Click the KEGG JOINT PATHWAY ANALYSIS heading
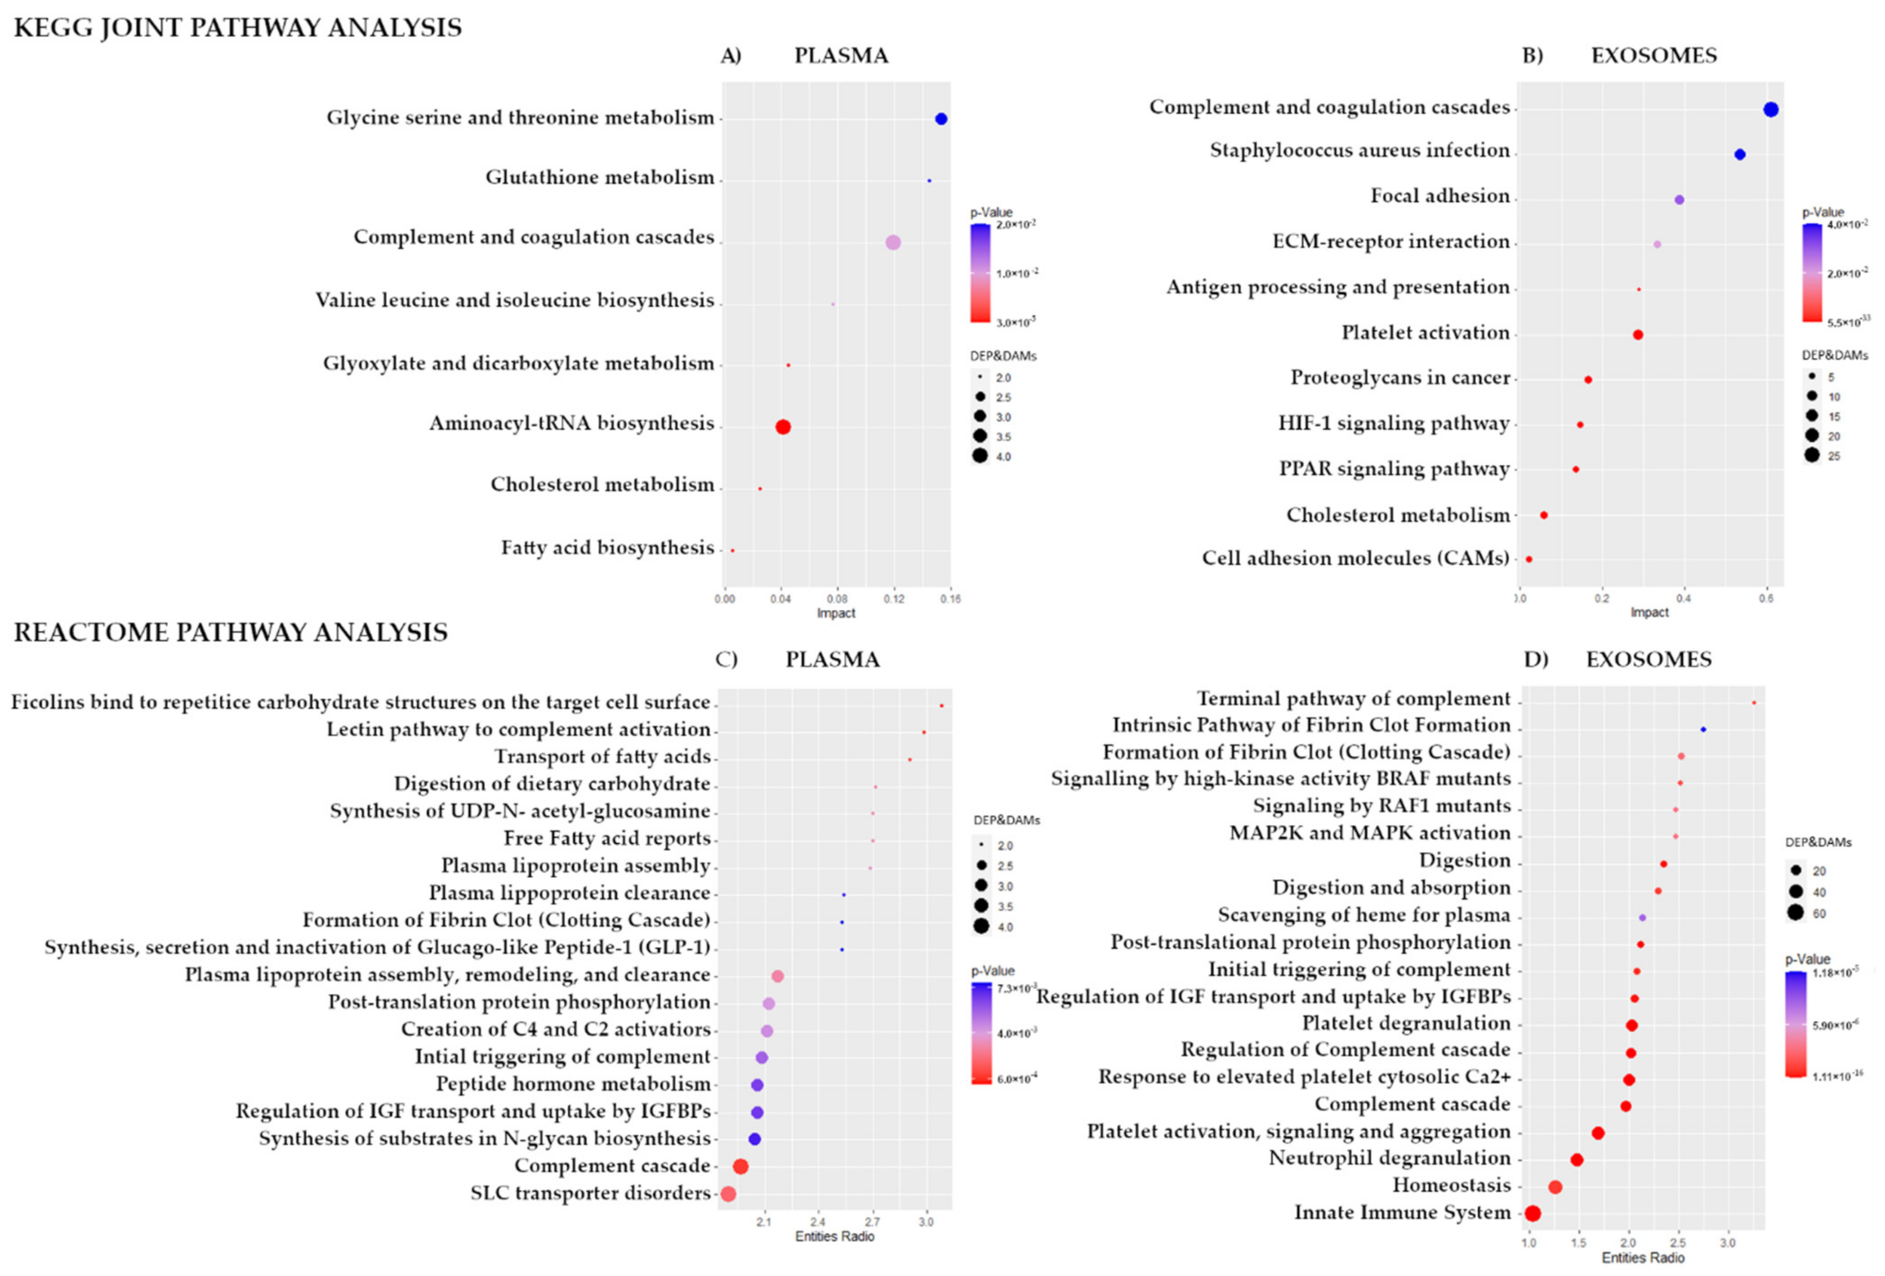click(238, 28)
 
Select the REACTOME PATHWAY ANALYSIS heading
click(230, 632)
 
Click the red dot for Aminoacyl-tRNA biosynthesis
click(783, 427)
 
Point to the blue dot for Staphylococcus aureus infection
click(1740, 155)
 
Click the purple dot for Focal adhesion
click(1680, 199)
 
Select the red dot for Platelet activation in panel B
click(1638, 335)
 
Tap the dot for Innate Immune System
click(1532, 1213)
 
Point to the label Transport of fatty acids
click(602, 757)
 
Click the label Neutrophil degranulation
click(1389, 1158)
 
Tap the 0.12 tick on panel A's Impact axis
click(894, 599)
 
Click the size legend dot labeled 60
click(1796, 913)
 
